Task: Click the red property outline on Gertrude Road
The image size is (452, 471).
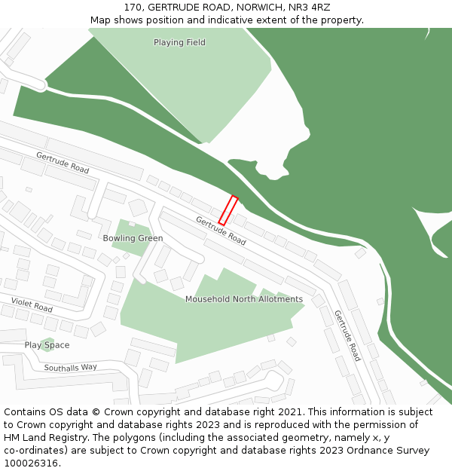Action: click(228, 210)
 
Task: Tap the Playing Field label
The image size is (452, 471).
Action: click(179, 42)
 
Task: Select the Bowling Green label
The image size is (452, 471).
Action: click(133, 238)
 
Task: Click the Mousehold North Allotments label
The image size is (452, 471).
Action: click(244, 299)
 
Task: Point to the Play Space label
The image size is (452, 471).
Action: click(47, 345)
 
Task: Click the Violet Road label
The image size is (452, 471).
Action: click(32, 304)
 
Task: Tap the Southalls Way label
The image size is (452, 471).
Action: click(70, 368)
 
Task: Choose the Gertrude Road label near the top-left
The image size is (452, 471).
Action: click(63, 162)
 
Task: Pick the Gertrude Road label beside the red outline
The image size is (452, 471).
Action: click(221, 231)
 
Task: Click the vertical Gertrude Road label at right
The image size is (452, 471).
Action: click(347, 335)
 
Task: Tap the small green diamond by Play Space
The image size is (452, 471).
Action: click(47, 344)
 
